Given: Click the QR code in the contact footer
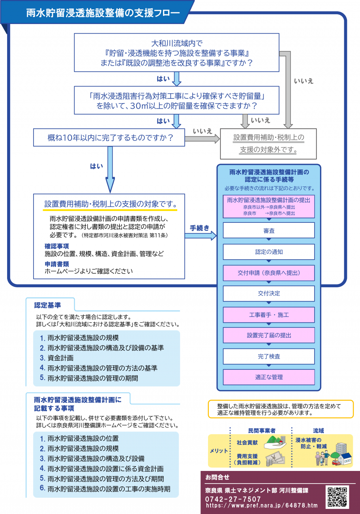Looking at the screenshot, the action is click(337, 497).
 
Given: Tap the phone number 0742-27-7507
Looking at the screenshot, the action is click(233, 499).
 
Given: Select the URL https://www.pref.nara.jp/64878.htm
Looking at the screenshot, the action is click(262, 505).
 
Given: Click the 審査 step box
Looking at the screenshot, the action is click(269, 230).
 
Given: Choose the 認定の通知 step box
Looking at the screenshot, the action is click(269, 252).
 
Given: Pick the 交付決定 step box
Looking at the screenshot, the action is click(269, 293).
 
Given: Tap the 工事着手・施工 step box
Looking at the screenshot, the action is click(269, 314).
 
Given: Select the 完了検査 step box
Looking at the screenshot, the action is click(269, 356).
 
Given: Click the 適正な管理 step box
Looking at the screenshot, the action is click(269, 377).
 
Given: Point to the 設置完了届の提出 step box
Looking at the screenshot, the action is click(269, 335).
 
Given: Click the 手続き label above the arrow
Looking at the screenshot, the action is click(199, 228).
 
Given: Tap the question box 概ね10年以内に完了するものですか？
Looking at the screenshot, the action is click(109, 137).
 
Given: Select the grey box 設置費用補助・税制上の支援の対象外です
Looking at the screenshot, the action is click(268, 144).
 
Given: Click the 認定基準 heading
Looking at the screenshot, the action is click(47, 305).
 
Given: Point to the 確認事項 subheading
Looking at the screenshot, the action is click(56, 246).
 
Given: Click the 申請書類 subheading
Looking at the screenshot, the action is click(56, 264).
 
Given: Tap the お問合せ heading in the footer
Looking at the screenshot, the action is click(217, 477).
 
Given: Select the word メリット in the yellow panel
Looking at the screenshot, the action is click(219, 451).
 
